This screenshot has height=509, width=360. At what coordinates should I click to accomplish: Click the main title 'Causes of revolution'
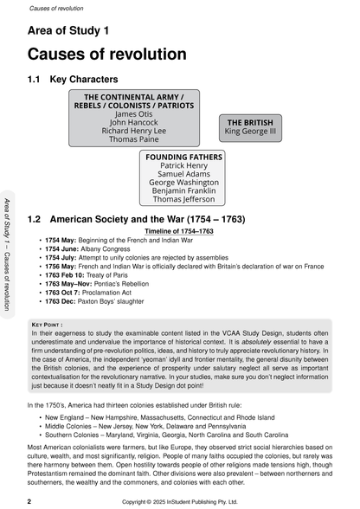tap(107, 54)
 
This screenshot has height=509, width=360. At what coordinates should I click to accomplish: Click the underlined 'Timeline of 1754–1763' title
tap(179, 231)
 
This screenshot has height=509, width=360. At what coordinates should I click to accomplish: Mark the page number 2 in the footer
tap(30, 501)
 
